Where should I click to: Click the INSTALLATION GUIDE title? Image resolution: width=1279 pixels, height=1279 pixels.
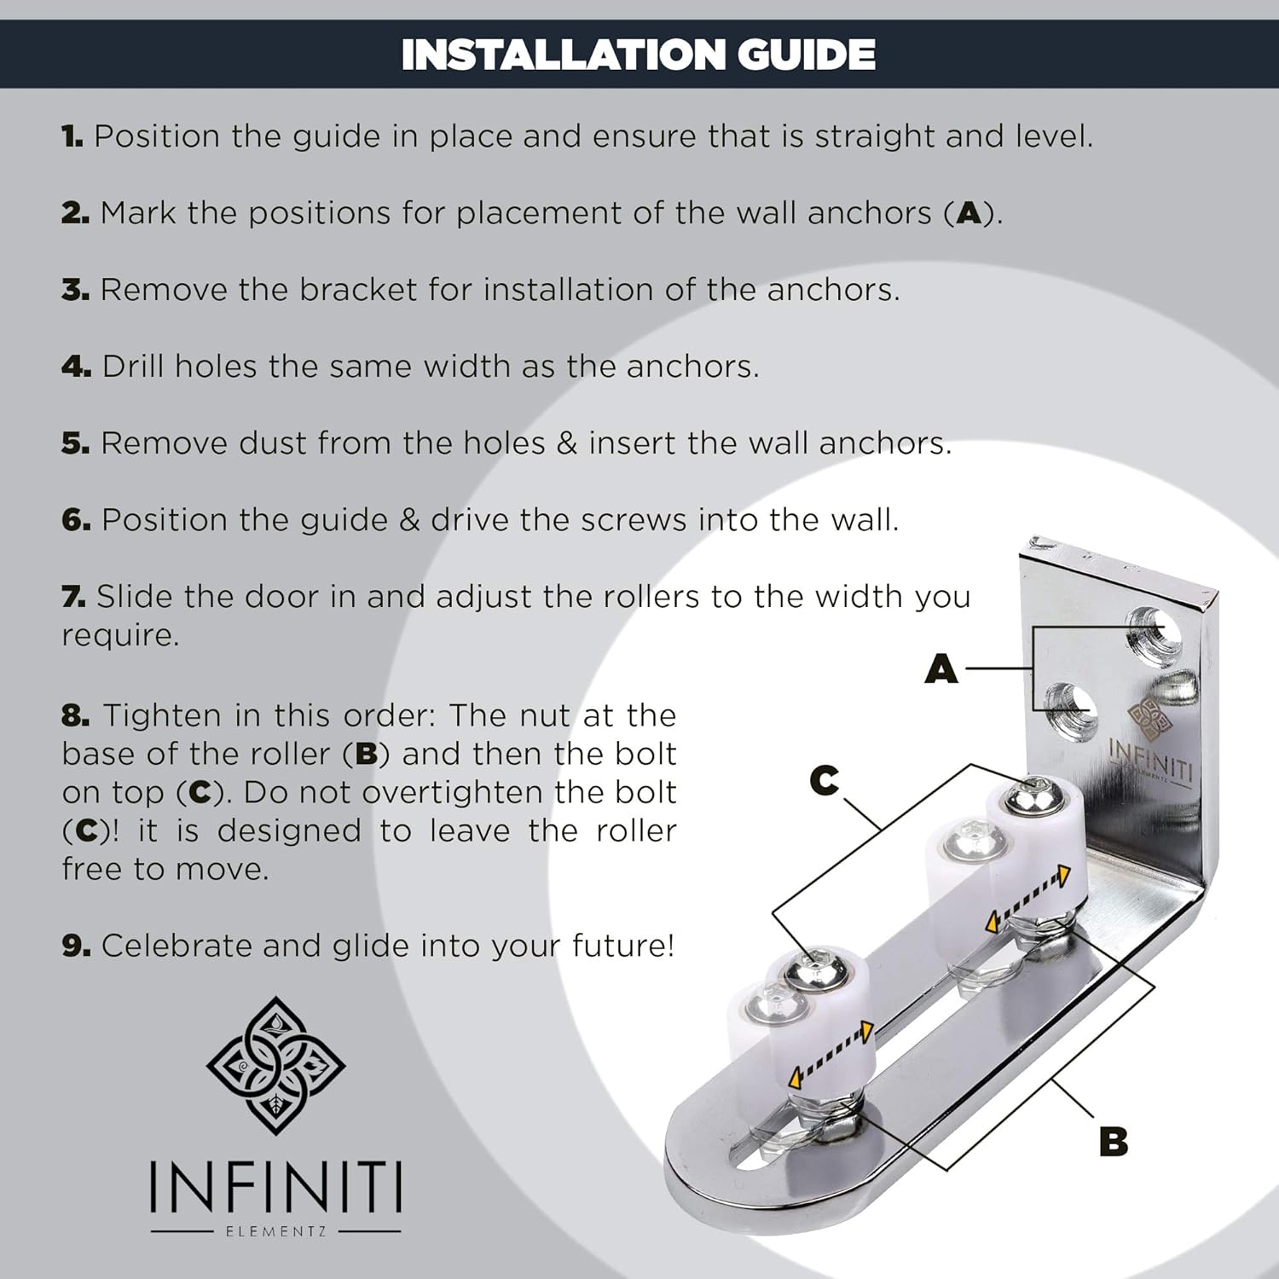(x=638, y=55)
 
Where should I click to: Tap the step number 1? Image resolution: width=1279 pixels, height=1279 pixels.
(x=72, y=136)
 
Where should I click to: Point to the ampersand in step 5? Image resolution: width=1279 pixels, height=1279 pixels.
(x=567, y=443)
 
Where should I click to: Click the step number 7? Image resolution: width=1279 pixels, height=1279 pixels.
(x=73, y=597)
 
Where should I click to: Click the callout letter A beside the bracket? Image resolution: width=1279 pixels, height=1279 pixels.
(x=941, y=670)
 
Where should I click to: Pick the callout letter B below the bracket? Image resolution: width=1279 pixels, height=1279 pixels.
(x=1114, y=1141)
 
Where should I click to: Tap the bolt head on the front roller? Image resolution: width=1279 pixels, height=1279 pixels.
(x=819, y=969)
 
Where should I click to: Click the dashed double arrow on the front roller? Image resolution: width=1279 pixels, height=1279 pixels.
(x=830, y=1054)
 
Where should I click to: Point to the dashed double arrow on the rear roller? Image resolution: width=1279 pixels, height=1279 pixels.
(x=1027, y=899)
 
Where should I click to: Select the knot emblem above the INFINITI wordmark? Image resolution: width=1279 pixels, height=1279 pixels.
(x=275, y=1065)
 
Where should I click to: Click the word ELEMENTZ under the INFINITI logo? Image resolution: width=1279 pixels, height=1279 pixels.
(x=275, y=1231)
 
